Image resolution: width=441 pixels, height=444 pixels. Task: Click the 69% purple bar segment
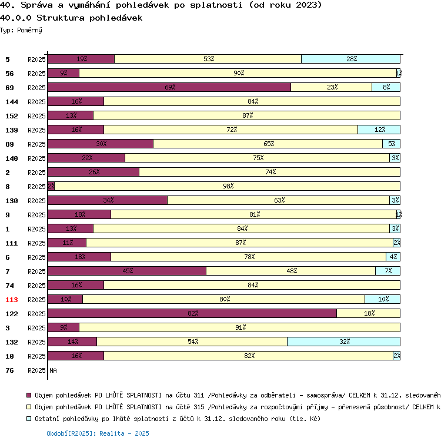[x=169, y=87]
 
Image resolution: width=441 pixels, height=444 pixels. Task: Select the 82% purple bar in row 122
[x=192, y=313]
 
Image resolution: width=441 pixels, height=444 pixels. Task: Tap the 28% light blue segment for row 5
[x=350, y=59]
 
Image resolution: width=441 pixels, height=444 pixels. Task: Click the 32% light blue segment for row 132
[x=343, y=342]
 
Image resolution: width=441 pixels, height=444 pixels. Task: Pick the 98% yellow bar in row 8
[x=227, y=186]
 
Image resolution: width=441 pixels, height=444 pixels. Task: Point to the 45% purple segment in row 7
[x=127, y=271]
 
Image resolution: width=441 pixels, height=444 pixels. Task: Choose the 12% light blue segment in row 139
[x=379, y=130]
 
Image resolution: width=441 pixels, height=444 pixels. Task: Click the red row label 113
[x=12, y=300]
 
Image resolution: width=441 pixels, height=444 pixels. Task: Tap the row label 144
[x=12, y=102]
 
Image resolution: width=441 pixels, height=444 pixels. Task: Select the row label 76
[x=9, y=370]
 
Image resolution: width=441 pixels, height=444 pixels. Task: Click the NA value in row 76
[x=54, y=370]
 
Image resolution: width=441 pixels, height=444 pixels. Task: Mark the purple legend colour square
[x=29, y=396]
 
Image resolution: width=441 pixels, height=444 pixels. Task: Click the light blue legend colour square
[x=29, y=419]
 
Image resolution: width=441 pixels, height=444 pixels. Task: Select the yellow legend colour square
[x=29, y=407]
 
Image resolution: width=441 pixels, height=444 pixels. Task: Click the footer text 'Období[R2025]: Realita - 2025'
[x=98, y=433]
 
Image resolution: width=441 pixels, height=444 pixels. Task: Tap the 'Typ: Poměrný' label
[x=21, y=29]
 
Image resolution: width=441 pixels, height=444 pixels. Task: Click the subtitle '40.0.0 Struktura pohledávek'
[x=71, y=18]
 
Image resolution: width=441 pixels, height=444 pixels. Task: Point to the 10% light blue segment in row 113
[x=382, y=299]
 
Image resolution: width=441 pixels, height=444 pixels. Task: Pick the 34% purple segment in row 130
[x=108, y=200]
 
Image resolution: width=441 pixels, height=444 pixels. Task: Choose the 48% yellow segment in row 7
[x=290, y=271]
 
